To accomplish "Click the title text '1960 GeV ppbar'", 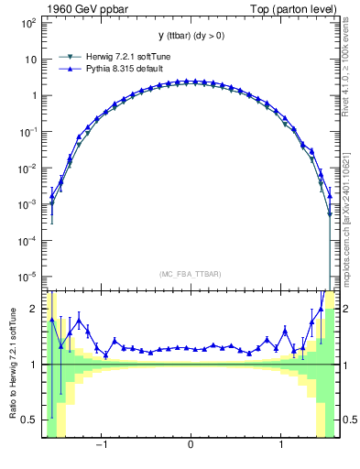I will pyautogui.click(x=83, y=9).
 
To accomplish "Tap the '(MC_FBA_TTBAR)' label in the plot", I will pyautogui.click(x=190, y=273).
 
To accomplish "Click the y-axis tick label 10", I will pyautogui.click(x=29, y=59).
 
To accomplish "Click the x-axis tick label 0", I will pyautogui.click(x=190, y=446).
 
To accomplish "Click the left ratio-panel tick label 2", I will pyautogui.click(x=34, y=310).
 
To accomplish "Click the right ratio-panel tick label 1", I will pyautogui.click(x=345, y=365).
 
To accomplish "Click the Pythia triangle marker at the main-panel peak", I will pyautogui.click(x=190, y=82).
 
